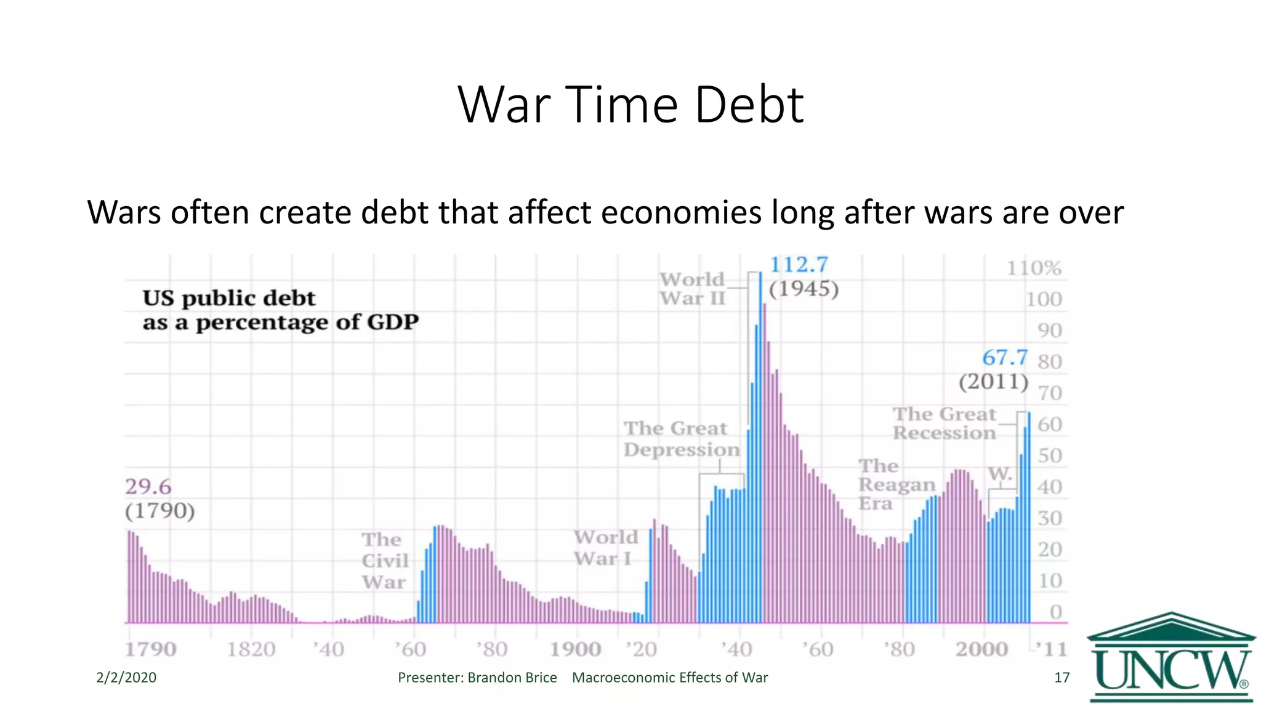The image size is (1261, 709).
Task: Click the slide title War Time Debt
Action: [630, 105]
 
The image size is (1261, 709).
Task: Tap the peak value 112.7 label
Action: [799, 265]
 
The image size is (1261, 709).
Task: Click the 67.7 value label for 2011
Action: [1004, 358]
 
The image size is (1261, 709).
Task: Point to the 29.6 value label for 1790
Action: [148, 487]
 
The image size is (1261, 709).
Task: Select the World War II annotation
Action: [692, 289]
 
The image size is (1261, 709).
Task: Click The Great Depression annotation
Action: [681, 439]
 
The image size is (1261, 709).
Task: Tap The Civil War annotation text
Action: [384, 561]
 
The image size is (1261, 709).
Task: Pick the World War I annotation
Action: [605, 548]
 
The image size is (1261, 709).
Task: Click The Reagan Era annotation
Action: [896, 485]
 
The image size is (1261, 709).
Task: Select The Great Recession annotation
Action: [944, 423]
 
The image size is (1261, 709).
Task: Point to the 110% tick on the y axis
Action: [1034, 268]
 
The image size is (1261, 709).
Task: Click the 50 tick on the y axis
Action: [1049, 456]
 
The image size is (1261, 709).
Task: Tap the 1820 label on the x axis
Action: [251, 649]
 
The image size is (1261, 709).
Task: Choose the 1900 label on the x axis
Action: [574, 649]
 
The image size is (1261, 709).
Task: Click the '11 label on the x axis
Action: [1050, 649]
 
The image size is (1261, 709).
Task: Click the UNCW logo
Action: [1171, 659]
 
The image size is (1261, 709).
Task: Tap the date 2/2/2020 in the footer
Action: [126, 678]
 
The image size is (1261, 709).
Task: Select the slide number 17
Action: [1062, 678]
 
